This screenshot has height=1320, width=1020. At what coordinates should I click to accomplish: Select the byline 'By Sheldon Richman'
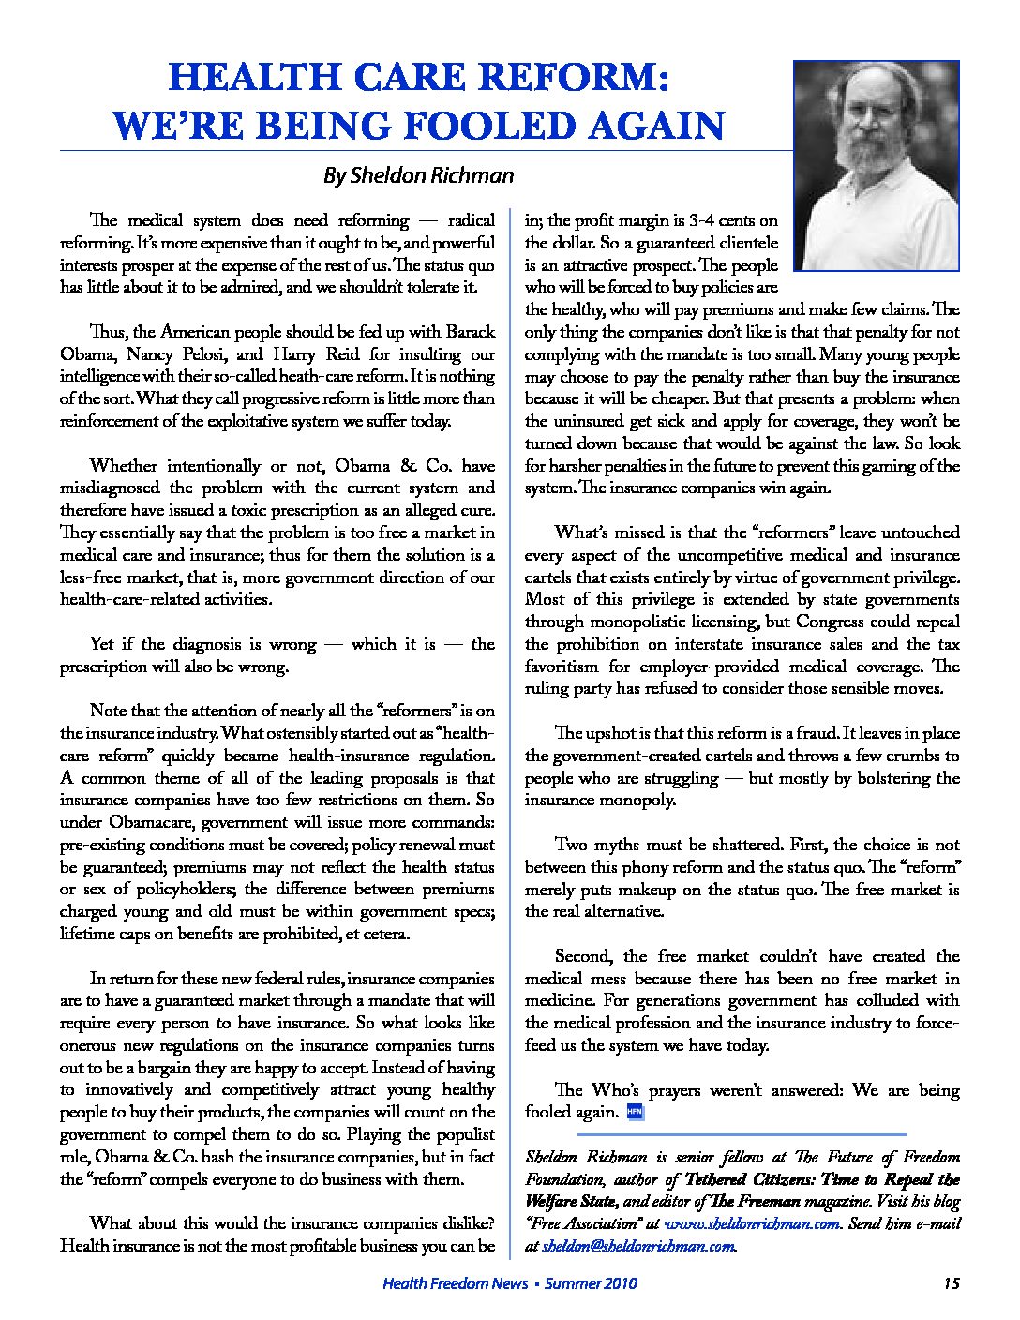tap(418, 175)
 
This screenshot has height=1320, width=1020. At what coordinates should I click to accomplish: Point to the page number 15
tap(951, 1283)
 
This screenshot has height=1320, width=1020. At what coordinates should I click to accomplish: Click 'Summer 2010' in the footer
tap(592, 1283)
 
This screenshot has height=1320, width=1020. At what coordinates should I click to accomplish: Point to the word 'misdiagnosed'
tap(110, 487)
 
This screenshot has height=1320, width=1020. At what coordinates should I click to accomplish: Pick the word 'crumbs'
tap(907, 756)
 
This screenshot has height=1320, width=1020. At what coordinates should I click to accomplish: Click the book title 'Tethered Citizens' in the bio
tap(755, 1179)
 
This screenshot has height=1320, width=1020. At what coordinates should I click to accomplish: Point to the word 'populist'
tap(466, 1134)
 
